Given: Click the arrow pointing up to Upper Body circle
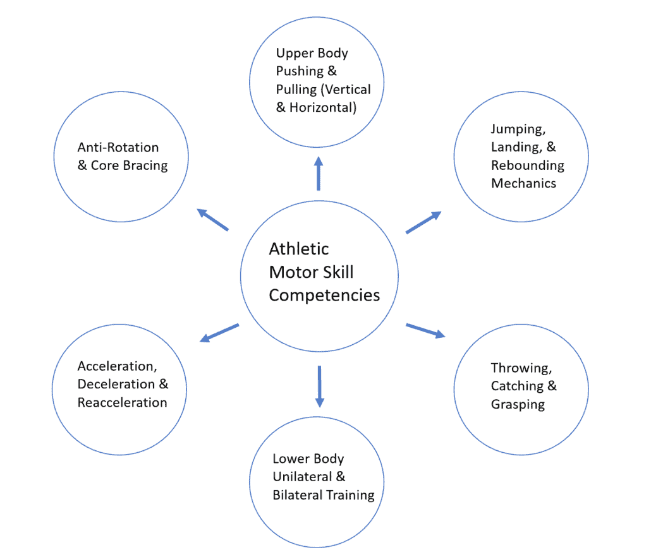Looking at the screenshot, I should pos(319,174).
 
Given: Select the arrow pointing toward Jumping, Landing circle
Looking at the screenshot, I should pos(423,223).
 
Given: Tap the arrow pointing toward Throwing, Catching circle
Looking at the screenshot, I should pos(425,331).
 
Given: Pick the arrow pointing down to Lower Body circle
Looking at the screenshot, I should pos(319,386).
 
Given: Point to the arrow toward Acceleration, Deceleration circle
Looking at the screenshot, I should pos(219,333).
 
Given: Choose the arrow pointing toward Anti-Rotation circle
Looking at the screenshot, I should pos(213,220).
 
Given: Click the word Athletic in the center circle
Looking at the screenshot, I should pos(299,249).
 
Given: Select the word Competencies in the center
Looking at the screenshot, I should pos(324,295).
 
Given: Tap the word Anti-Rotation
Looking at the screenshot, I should pos(118,147).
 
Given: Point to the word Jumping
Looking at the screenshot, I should pos(516,129).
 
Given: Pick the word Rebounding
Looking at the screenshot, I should pos(528,165).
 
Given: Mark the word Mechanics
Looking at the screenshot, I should pos(523,183).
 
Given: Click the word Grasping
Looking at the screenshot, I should pos(518,404).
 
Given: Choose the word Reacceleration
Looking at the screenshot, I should pos(123,402).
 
